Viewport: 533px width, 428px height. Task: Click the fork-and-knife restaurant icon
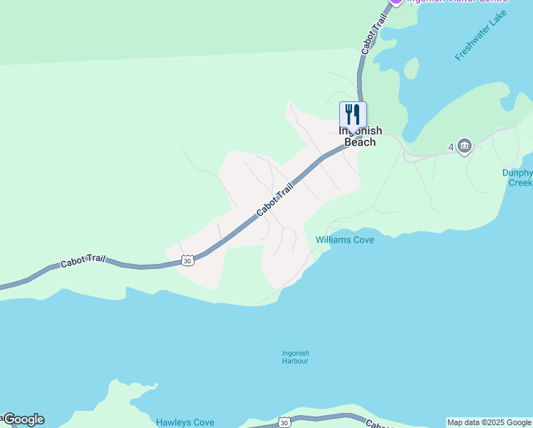353,114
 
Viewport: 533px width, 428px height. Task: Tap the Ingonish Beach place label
360,136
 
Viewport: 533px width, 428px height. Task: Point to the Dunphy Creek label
517,178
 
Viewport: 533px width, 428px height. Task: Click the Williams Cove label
345,240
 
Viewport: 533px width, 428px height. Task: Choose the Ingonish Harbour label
295,357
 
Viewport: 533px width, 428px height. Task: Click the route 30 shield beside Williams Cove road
187,261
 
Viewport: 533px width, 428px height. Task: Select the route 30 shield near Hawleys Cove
284,422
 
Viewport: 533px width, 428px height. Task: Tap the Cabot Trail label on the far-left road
83,262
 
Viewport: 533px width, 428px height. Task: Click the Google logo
23,419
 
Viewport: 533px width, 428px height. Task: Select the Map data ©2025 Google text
489,422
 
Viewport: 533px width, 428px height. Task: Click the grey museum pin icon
465,146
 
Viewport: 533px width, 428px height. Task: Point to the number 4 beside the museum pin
451,148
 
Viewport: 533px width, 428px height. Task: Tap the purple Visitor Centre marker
397,2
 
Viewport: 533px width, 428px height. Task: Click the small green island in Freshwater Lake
411,68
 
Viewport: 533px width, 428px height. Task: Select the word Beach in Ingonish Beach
360,142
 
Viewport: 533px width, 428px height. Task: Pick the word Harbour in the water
295,361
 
